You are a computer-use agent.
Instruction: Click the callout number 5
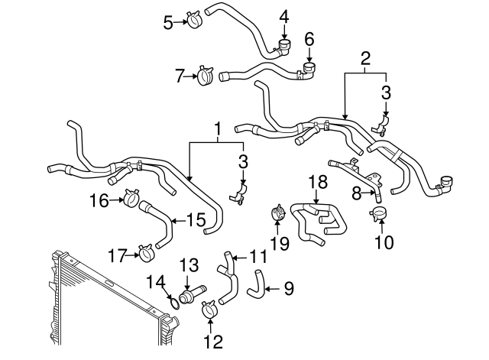pos(169,22)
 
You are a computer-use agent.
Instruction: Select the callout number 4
pos(284,16)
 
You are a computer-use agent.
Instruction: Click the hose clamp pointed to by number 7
pos(205,76)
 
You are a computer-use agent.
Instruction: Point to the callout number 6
pos(309,37)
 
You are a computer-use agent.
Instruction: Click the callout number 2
pos(365,58)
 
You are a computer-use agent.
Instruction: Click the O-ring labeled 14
pos(174,303)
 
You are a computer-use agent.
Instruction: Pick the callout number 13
pos(189,265)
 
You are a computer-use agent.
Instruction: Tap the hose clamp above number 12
pos(209,310)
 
